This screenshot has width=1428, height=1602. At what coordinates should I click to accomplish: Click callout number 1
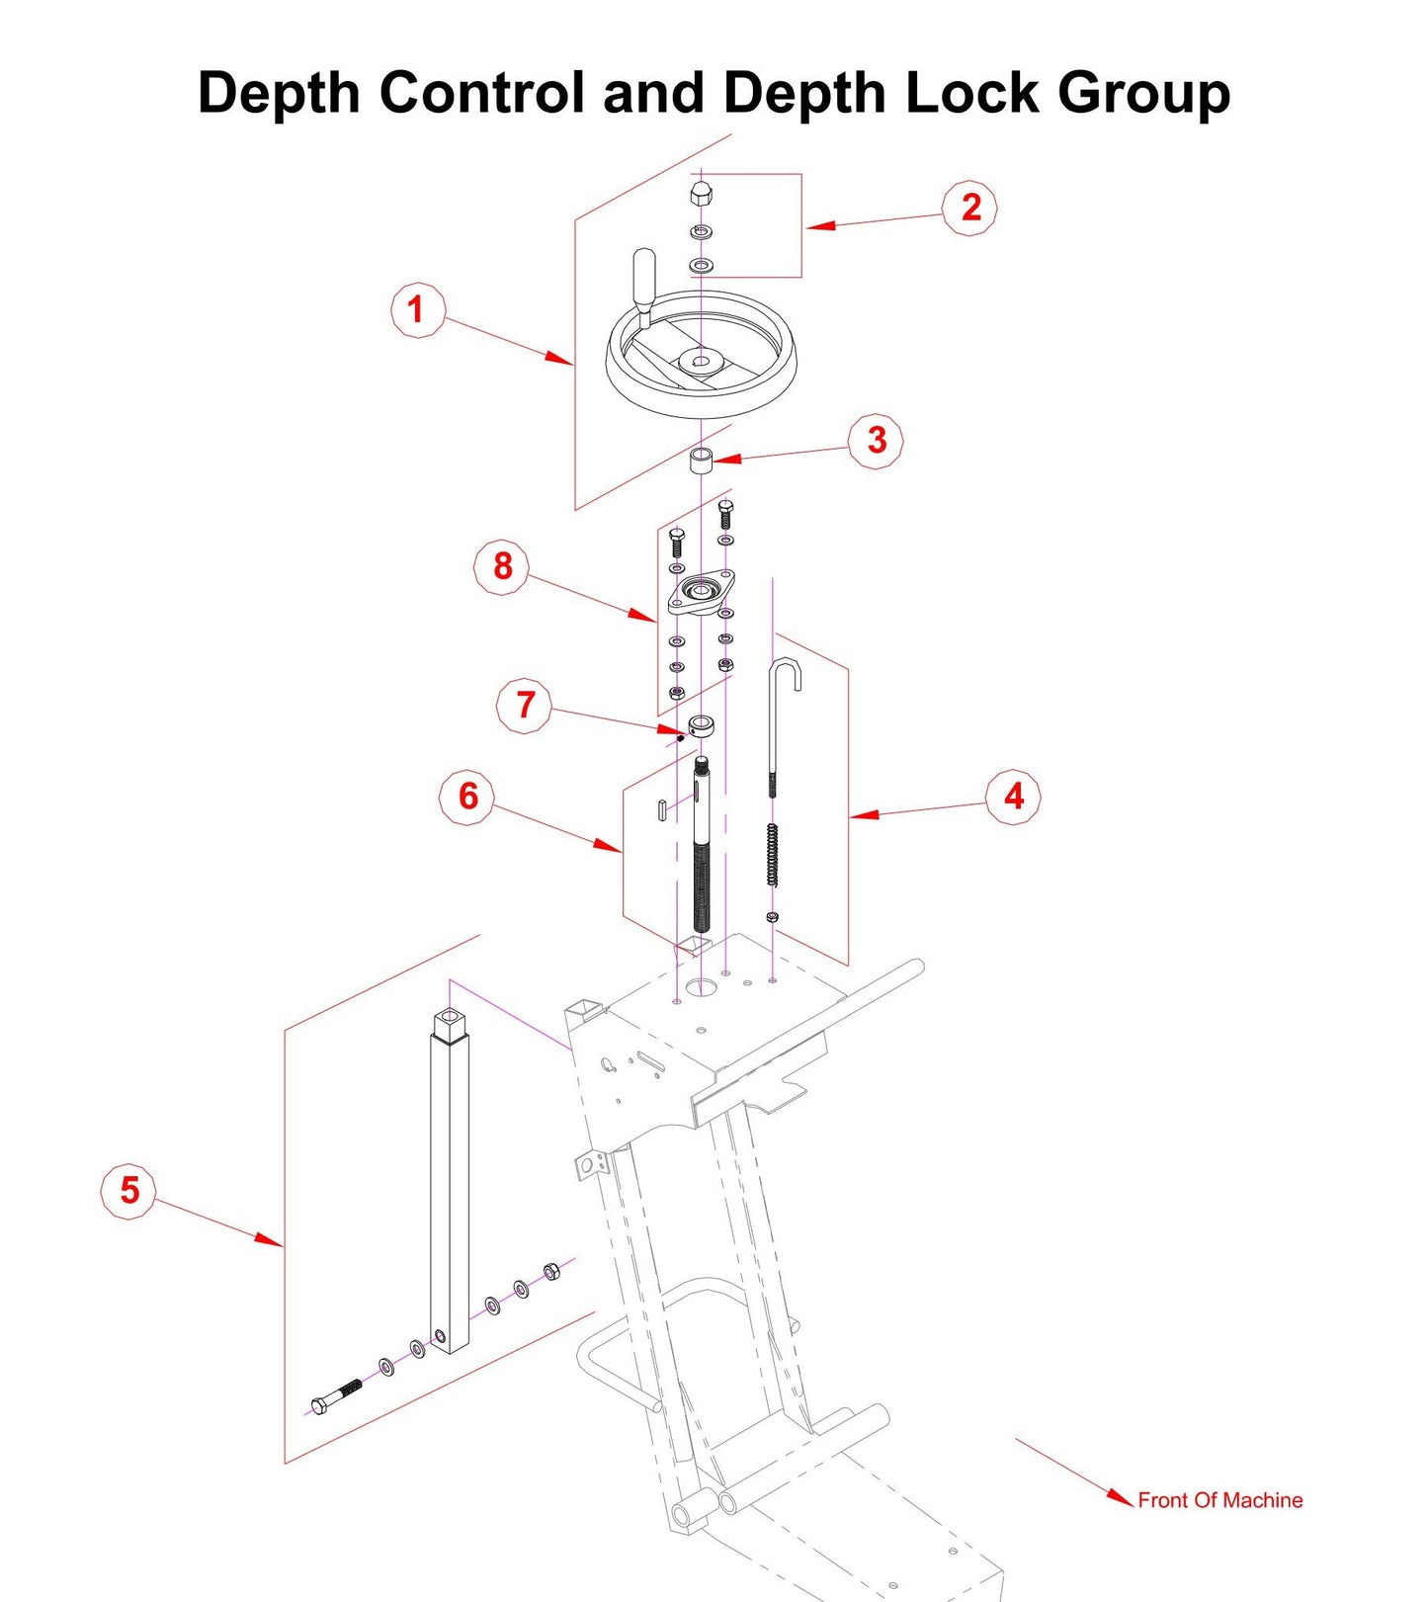[416, 310]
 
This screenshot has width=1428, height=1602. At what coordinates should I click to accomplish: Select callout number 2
[969, 208]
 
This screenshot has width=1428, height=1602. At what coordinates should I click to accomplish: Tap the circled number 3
[876, 440]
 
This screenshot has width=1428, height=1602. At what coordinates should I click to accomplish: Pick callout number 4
[1013, 797]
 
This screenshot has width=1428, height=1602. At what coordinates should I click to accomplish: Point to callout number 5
[129, 1190]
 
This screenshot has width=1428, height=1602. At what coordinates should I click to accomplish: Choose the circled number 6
[467, 797]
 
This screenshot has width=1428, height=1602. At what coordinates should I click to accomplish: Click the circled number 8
[502, 566]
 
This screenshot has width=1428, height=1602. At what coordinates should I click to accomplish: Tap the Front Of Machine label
[1219, 1500]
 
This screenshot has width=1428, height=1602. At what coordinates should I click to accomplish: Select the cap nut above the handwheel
[701, 194]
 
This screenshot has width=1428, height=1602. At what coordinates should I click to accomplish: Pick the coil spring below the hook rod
[772, 854]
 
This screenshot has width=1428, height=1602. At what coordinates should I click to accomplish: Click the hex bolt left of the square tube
[336, 1396]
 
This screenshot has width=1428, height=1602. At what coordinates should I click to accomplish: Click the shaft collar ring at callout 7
[702, 727]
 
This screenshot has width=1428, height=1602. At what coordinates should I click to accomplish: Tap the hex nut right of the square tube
[552, 1271]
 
